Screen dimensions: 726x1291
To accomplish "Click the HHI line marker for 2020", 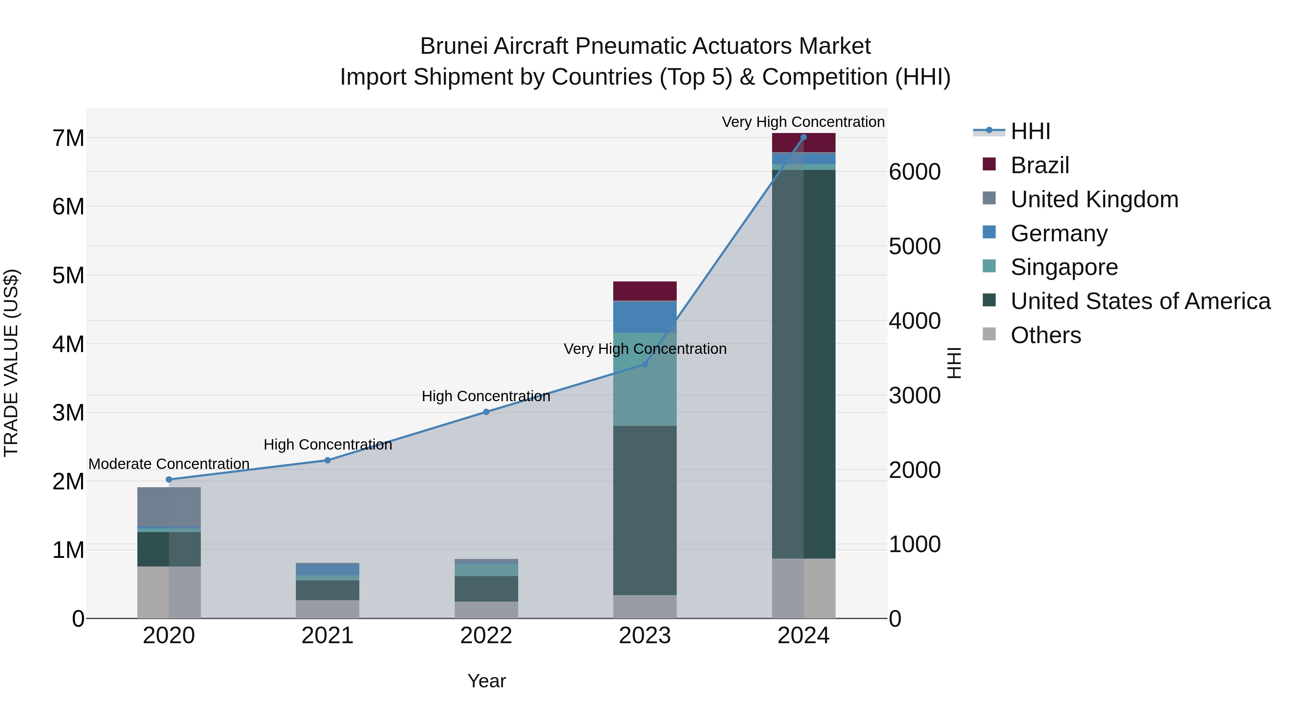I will (x=169, y=479).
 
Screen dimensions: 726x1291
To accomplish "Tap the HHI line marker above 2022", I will (x=486, y=412).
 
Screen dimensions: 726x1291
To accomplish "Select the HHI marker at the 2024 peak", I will (x=803, y=137).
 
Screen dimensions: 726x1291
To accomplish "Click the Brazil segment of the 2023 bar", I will (x=644, y=291).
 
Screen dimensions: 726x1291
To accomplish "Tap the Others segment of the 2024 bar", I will (x=803, y=588).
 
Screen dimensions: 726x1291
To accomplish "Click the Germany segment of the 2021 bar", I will (x=327, y=570).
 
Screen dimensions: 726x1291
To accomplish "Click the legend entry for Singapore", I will (x=1064, y=267).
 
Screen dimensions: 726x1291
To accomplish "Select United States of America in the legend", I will (x=1140, y=301).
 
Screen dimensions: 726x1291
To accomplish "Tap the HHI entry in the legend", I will (x=1030, y=131).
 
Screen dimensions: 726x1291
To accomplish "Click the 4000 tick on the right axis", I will (x=914, y=321).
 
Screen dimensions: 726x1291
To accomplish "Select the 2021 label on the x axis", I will (x=327, y=636).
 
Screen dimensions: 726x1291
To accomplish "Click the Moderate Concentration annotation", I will (x=169, y=464).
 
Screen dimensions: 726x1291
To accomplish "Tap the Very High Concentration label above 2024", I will (x=803, y=122).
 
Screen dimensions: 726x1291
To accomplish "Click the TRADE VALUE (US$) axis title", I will (x=11, y=363).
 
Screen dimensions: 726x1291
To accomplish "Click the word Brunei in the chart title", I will (x=454, y=46).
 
